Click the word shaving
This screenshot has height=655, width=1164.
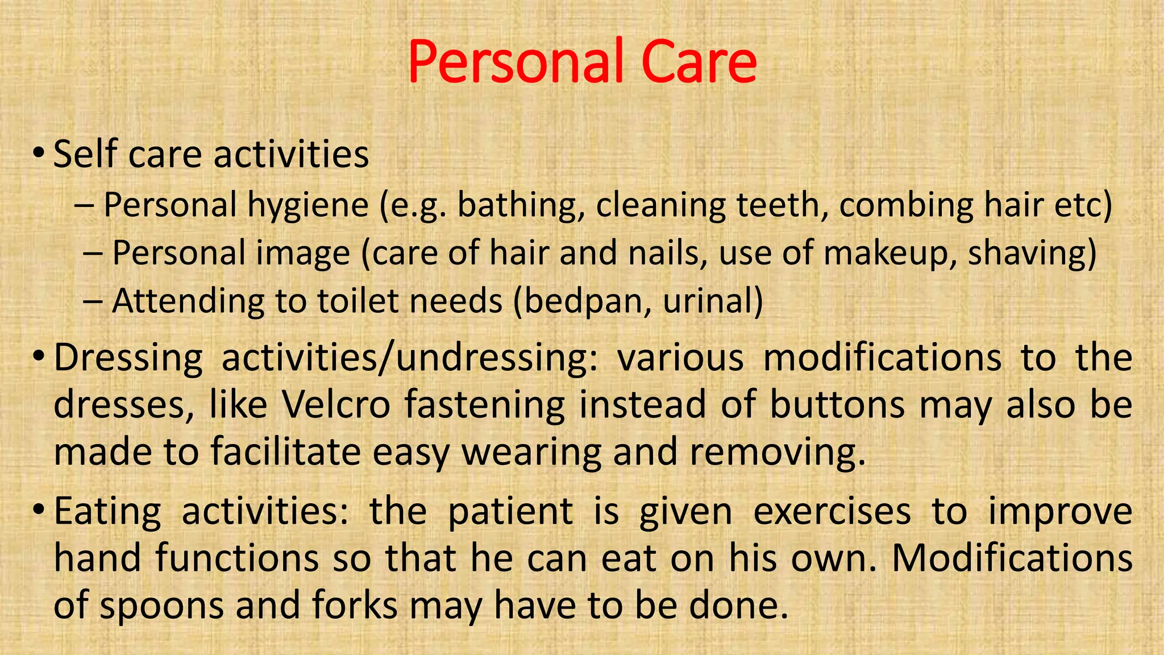coord(1032,254)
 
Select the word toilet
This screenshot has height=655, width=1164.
coord(358,301)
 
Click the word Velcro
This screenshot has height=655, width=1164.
coord(336,405)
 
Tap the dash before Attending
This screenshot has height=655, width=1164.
coord(92,301)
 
